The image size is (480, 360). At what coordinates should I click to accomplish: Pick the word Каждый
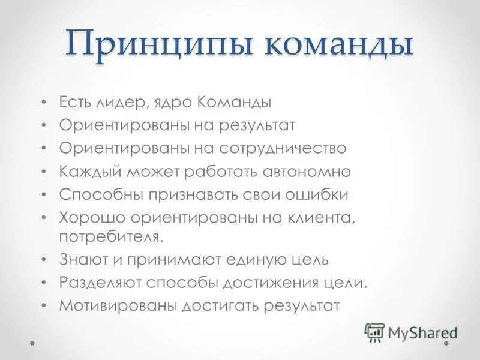coord(91,172)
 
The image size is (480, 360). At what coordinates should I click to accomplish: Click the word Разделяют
coord(97,283)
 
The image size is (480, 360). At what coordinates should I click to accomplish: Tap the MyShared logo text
coord(422,332)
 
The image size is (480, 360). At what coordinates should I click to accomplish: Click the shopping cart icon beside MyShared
coord(374,332)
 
